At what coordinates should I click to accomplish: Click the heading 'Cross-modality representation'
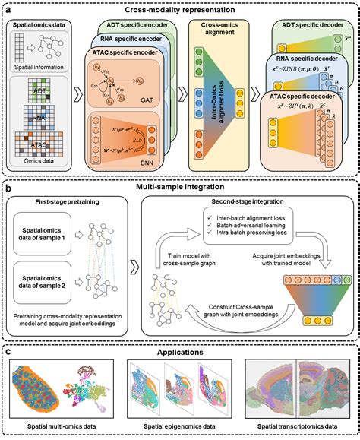(x=180, y=8)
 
